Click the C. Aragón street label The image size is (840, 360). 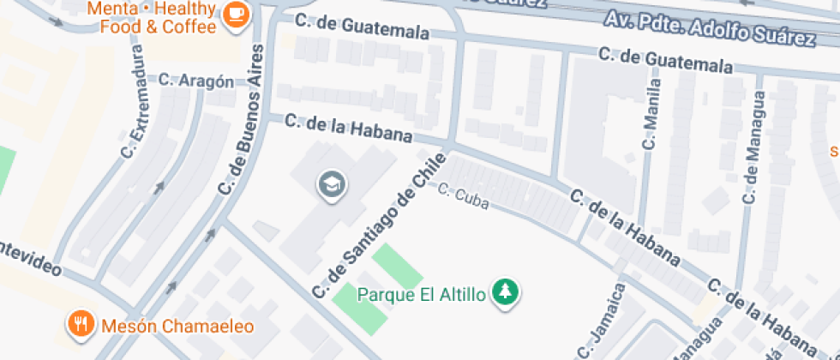196,81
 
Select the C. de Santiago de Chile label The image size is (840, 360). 380,225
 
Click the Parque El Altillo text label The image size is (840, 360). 421,295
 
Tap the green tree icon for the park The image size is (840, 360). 507,292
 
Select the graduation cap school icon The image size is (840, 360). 330,183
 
